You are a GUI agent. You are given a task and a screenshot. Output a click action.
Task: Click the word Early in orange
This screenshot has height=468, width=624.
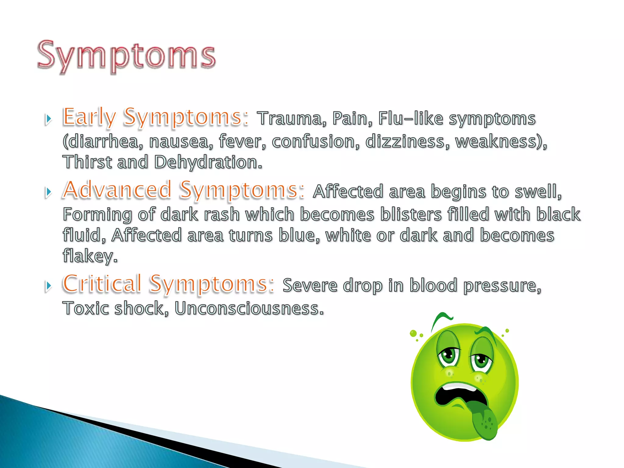[x=89, y=117]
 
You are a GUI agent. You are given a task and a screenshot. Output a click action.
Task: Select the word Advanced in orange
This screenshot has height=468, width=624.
[x=117, y=190]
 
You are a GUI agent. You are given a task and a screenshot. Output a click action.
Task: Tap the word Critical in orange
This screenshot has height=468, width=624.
[x=102, y=284]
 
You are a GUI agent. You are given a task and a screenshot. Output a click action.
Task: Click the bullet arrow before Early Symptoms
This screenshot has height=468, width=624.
[x=48, y=119]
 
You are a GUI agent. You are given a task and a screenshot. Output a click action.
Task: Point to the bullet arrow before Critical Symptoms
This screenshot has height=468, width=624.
[x=48, y=286]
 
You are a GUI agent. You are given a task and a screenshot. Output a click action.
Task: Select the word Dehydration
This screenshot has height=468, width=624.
[x=208, y=162]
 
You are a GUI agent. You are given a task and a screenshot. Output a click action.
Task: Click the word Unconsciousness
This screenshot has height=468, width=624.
[x=249, y=308]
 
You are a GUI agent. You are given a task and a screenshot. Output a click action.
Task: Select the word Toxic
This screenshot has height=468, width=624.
[x=86, y=308]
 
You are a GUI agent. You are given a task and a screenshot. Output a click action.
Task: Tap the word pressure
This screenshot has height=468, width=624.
[x=502, y=286]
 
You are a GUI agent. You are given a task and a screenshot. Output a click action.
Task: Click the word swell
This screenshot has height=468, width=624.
[x=538, y=192]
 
